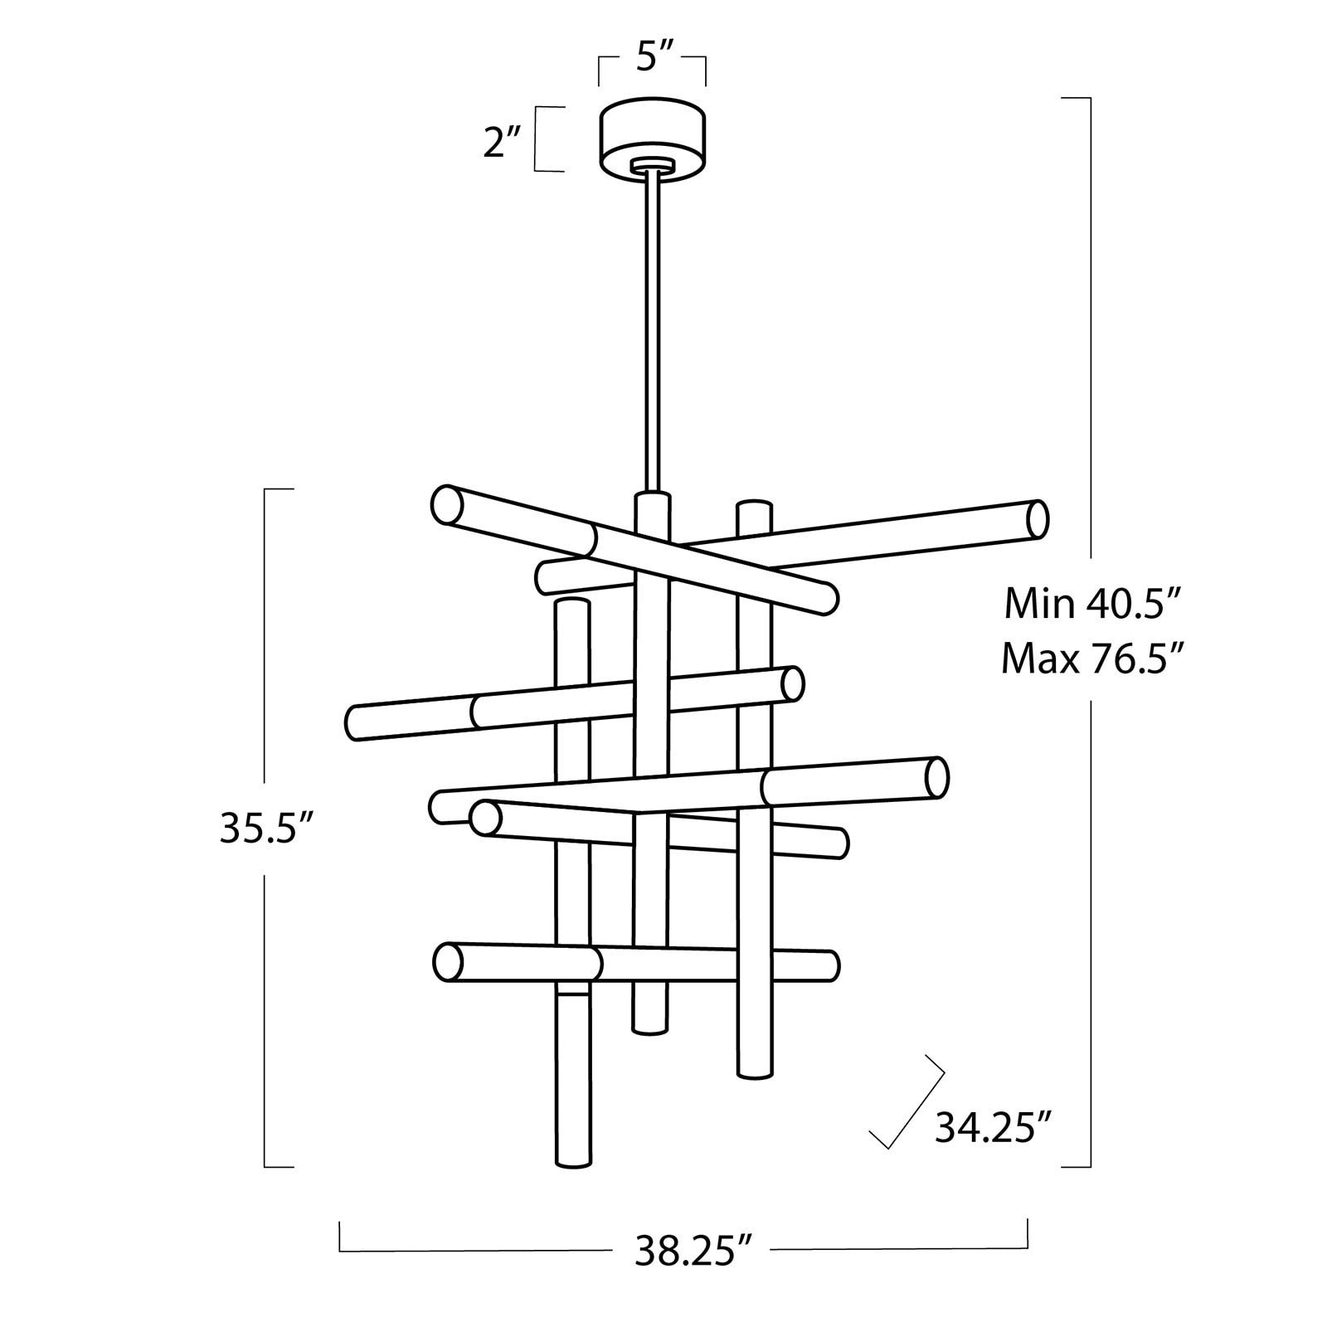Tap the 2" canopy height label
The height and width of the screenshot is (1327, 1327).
tap(501, 143)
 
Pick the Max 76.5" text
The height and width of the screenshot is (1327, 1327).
tap(1091, 659)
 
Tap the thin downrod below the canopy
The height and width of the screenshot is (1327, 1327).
tap(652, 332)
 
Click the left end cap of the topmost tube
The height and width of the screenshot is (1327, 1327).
tap(447, 504)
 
